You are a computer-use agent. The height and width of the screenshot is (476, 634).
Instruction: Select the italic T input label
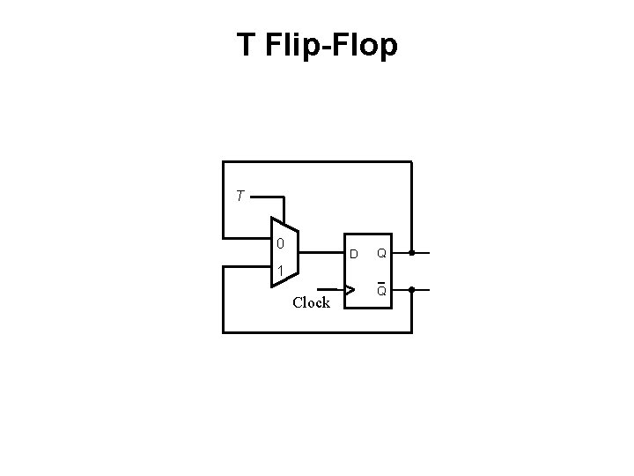pyautogui.click(x=240, y=196)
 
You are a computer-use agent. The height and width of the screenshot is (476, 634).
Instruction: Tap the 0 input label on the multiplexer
pyautogui.click(x=279, y=243)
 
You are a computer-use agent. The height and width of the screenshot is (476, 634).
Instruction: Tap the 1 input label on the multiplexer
pyautogui.click(x=279, y=270)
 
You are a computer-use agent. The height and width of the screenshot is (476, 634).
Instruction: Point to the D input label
pyautogui.click(x=353, y=255)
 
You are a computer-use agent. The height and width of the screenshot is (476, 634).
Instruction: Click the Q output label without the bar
pyautogui.click(x=382, y=254)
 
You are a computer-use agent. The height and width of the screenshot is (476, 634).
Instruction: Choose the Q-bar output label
pyautogui.click(x=382, y=290)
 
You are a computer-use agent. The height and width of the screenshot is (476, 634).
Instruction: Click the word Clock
pyautogui.click(x=311, y=303)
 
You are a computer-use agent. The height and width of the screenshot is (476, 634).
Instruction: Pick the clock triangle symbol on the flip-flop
pyautogui.click(x=350, y=288)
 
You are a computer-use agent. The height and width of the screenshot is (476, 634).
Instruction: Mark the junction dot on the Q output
pyautogui.click(x=411, y=253)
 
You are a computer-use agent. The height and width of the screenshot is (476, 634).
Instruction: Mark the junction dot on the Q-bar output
pyautogui.click(x=411, y=289)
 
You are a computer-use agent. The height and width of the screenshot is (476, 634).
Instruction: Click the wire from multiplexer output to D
pyautogui.click(x=322, y=253)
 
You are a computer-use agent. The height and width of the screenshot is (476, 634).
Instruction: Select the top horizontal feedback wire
pyautogui.click(x=317, y=162)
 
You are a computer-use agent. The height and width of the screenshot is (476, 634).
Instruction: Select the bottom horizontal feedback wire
pyautogui.click(x=317, y=332)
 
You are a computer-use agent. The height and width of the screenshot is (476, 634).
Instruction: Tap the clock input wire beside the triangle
pyautogui.click(x=330, y=288)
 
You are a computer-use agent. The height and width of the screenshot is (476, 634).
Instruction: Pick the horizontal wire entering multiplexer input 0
pyautogui.click(x=247, y=238)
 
